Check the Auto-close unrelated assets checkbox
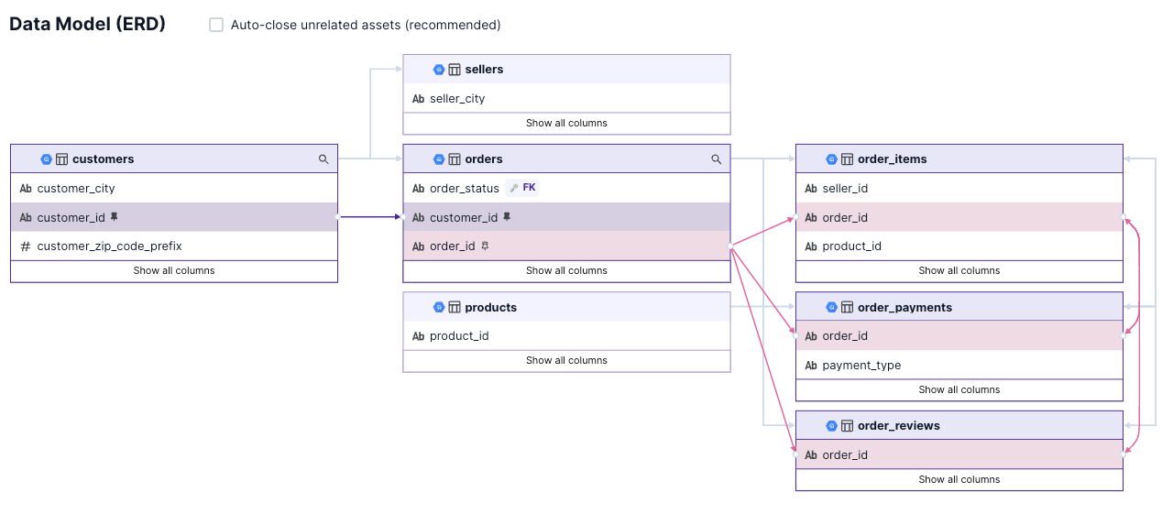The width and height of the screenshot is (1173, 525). pos(216,25)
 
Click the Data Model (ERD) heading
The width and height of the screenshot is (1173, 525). pos(87,25)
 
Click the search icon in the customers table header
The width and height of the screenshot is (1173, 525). pos(323,159)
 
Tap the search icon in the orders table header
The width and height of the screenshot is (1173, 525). pos(717,159)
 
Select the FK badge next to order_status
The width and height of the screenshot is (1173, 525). pos(523,188)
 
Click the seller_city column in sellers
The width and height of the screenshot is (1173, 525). pos(457,99)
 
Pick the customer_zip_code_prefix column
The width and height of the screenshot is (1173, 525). pos(109,246)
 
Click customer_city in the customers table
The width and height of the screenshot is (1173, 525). pos(76,189)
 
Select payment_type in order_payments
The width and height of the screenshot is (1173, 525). pos(861,366)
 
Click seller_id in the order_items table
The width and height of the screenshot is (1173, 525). pos(845,189)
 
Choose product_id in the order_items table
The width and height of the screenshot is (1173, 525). pos(852,246)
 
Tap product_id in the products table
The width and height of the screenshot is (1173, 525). pos(459,336)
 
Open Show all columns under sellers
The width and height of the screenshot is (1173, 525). pos(566,123)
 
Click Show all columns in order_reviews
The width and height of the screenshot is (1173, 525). pos(959,479)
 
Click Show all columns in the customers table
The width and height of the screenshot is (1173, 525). pos(174,270)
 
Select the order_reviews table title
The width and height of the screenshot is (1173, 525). pos(898,426)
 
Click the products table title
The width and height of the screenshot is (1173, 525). pos(490,308)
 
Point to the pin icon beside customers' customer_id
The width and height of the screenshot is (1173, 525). pos(115,217)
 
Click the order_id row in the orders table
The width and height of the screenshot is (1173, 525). pos(453,246)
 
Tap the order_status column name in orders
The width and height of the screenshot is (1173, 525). pos(465,189)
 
